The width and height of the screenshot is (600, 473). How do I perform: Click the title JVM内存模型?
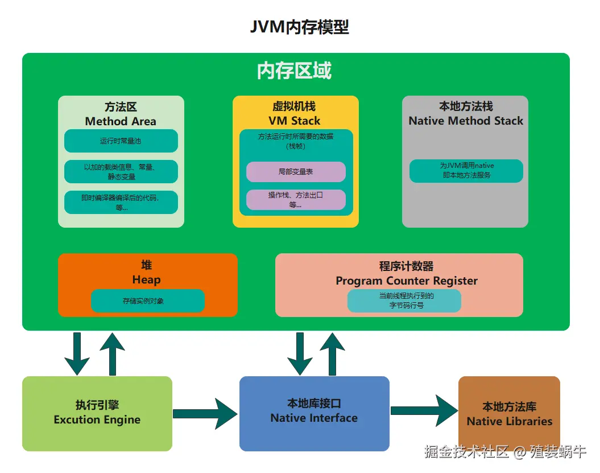coord(300,27)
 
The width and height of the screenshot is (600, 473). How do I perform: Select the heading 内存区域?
coord(294,71)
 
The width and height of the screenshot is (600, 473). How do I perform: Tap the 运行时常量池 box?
coord(121,141)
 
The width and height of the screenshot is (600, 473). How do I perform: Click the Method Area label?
coord(121,121)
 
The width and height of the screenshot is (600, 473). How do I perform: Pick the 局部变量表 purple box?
coord(296,171)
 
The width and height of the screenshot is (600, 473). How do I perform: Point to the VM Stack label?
coord(295,121)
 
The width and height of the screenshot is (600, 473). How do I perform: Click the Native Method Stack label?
coord(466,121)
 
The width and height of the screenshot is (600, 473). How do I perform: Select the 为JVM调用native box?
coord(466,171)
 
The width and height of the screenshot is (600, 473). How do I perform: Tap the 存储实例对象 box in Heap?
coord(147,301)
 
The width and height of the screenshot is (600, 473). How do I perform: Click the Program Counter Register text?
coord(407,281)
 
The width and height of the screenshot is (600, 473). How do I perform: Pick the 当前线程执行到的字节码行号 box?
coord(404,301)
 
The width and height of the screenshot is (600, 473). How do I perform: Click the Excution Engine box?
coord(97,413)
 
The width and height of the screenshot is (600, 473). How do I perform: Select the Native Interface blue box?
coord(314,413)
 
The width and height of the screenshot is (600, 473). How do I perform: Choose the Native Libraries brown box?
coord(509,414)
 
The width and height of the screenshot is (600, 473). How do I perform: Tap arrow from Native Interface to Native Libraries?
coord(424,410)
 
